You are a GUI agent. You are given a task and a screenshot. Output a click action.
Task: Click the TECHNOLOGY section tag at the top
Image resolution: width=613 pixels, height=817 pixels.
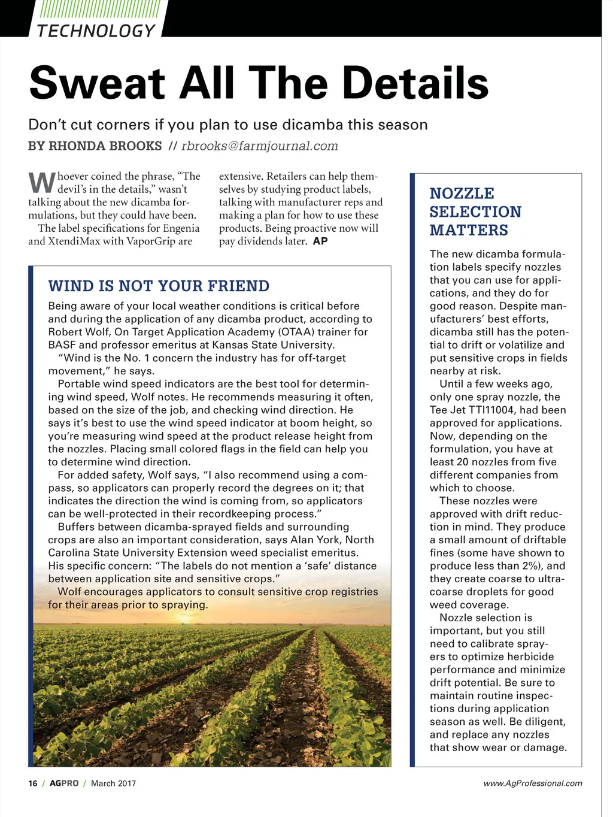tap(96, 30)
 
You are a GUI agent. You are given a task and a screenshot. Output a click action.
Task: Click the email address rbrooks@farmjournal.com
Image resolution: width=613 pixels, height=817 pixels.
tap(259, 146)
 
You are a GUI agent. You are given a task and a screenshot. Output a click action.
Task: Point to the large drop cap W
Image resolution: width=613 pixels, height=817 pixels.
tap(41, 181)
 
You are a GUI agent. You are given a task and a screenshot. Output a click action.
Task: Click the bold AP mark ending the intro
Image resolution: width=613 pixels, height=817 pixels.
tap(320, 241)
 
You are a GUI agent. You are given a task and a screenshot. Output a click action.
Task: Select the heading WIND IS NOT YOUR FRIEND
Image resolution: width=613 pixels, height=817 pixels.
tap(159, 286)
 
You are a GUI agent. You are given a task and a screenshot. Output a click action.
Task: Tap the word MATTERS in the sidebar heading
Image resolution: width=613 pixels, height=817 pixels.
tap(469, 230)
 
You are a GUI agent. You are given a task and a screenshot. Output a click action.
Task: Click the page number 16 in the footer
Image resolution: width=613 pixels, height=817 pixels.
tap(33, 783)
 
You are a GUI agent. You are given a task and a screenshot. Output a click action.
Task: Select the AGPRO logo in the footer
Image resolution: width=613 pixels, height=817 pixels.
tap(64, 783)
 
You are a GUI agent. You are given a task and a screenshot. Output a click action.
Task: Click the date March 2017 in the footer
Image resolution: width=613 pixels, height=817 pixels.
tap(113, 783)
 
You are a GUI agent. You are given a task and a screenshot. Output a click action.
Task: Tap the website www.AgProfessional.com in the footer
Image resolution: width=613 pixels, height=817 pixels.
tap(532, 783)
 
